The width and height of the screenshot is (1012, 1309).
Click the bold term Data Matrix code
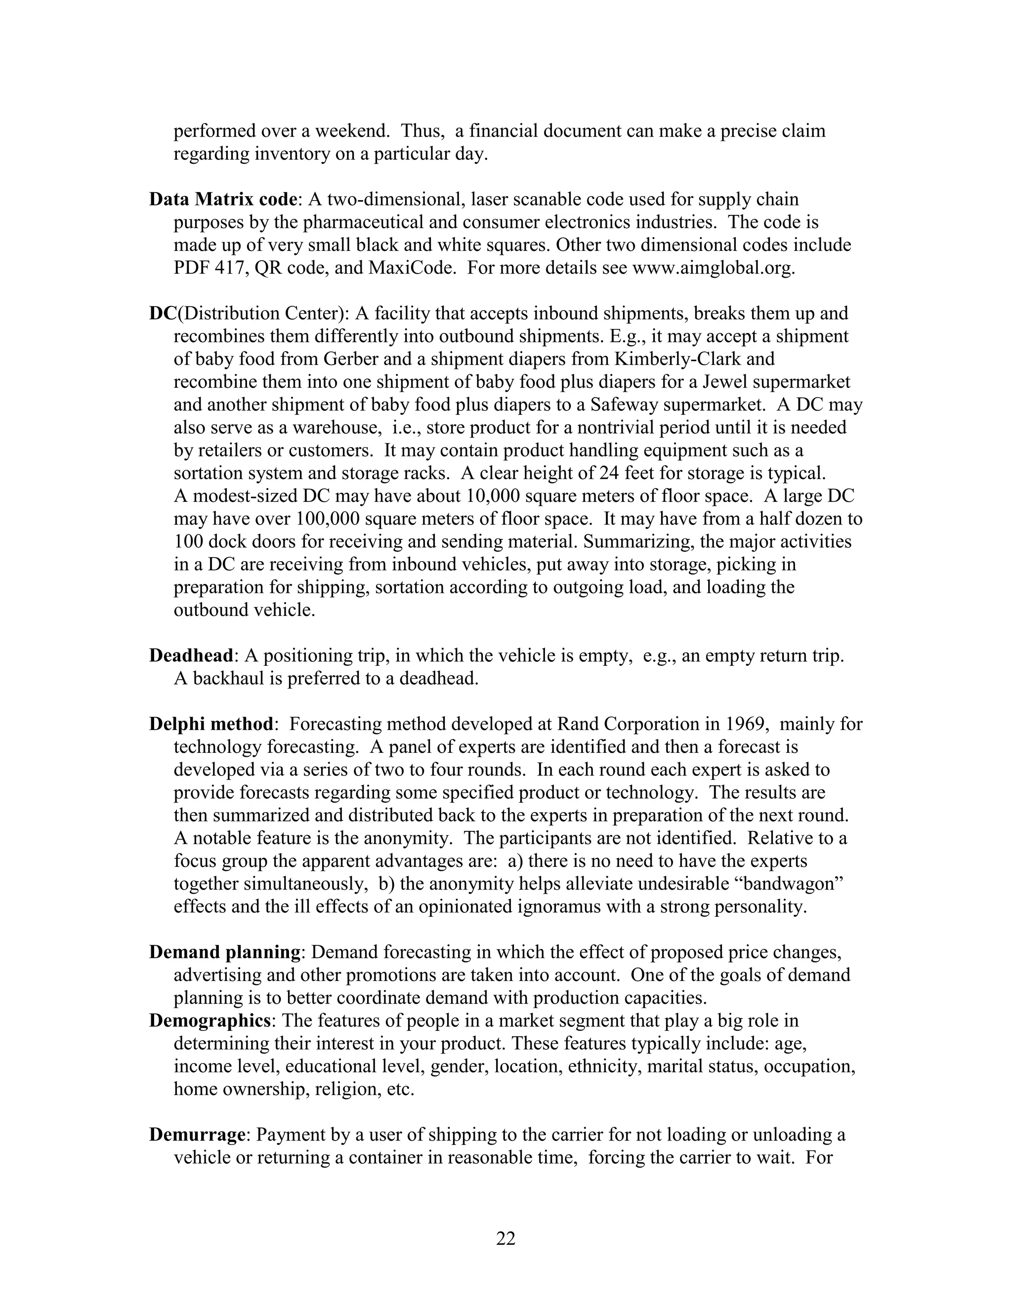(223, 200)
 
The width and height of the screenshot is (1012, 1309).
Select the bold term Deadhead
(191, 655)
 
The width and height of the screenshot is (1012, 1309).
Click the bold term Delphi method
(211, 724)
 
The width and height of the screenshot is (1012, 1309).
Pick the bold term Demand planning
(225, 952)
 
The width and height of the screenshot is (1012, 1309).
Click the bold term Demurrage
(197, 1135)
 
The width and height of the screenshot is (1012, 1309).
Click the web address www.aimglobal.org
(713, 268)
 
